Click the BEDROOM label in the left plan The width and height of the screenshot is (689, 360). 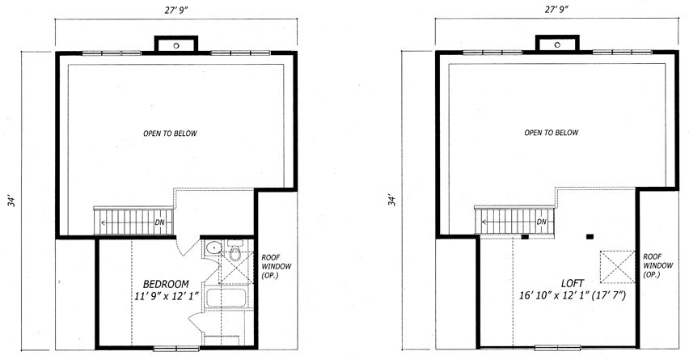[166, 284]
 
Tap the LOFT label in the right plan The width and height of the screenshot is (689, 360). [573, 283]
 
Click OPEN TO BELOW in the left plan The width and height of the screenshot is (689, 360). [170, 133]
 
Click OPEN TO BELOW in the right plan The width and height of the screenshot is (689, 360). [551, 133]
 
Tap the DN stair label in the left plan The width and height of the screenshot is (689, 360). [159, 222]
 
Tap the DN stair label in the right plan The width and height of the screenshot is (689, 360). [541, 222]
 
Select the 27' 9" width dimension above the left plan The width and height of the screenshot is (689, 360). [176, 11]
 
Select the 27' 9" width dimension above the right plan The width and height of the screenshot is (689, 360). [556, 10]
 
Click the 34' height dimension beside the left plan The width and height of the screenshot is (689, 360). [14, 201]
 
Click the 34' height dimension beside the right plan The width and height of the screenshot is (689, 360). [392, 200]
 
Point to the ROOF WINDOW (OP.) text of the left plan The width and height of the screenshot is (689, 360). [276, 266]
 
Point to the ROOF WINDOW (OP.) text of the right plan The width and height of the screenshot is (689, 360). [657, 265]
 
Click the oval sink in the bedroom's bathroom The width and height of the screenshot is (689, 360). [214, 248]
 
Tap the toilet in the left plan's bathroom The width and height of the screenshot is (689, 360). [235, 252]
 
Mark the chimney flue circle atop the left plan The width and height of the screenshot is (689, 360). [176, 45]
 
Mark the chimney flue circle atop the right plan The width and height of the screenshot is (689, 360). [557, 44]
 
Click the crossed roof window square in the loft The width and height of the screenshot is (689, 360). [618, 267]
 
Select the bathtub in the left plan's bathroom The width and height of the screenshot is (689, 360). [226, 298]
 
